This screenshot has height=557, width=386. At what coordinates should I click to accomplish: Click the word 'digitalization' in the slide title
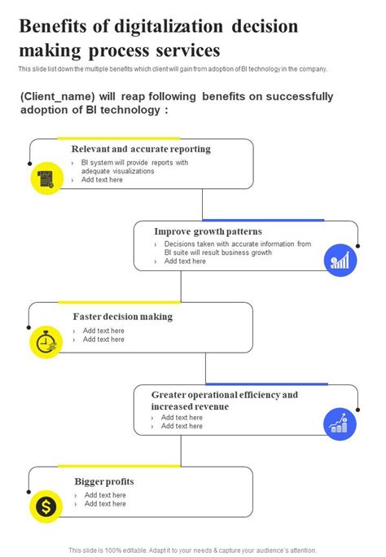(x=191, y=27)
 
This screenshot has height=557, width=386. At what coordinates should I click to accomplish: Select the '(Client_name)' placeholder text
(x=59, y=97)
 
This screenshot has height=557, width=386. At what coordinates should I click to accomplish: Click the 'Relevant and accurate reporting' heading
(x=141, y=149)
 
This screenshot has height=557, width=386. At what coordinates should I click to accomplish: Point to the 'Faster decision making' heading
(x=122, y=317)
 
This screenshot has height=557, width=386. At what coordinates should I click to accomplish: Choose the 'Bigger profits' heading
(x=104, y=481)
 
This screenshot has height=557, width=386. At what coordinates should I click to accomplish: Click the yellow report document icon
(x=46, y=178)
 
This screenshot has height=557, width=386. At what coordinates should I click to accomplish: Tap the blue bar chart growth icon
(x=340, y=261)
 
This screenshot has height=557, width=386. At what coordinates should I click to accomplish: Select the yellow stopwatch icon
(x=46, y=342)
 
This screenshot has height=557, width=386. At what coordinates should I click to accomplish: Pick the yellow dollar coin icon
(x=46, y=507)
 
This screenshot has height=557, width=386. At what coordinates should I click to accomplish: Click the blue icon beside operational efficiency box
(x=340, y=423)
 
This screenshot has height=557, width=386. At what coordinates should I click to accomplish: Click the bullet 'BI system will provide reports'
(x=134, y=163)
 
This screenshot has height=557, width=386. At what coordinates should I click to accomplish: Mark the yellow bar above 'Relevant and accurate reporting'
(x=118, y=138)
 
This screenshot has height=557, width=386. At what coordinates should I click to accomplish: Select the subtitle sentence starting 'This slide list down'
(x=173, y=69)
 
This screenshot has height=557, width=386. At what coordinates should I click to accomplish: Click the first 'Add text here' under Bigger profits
(x=105, y=495)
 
